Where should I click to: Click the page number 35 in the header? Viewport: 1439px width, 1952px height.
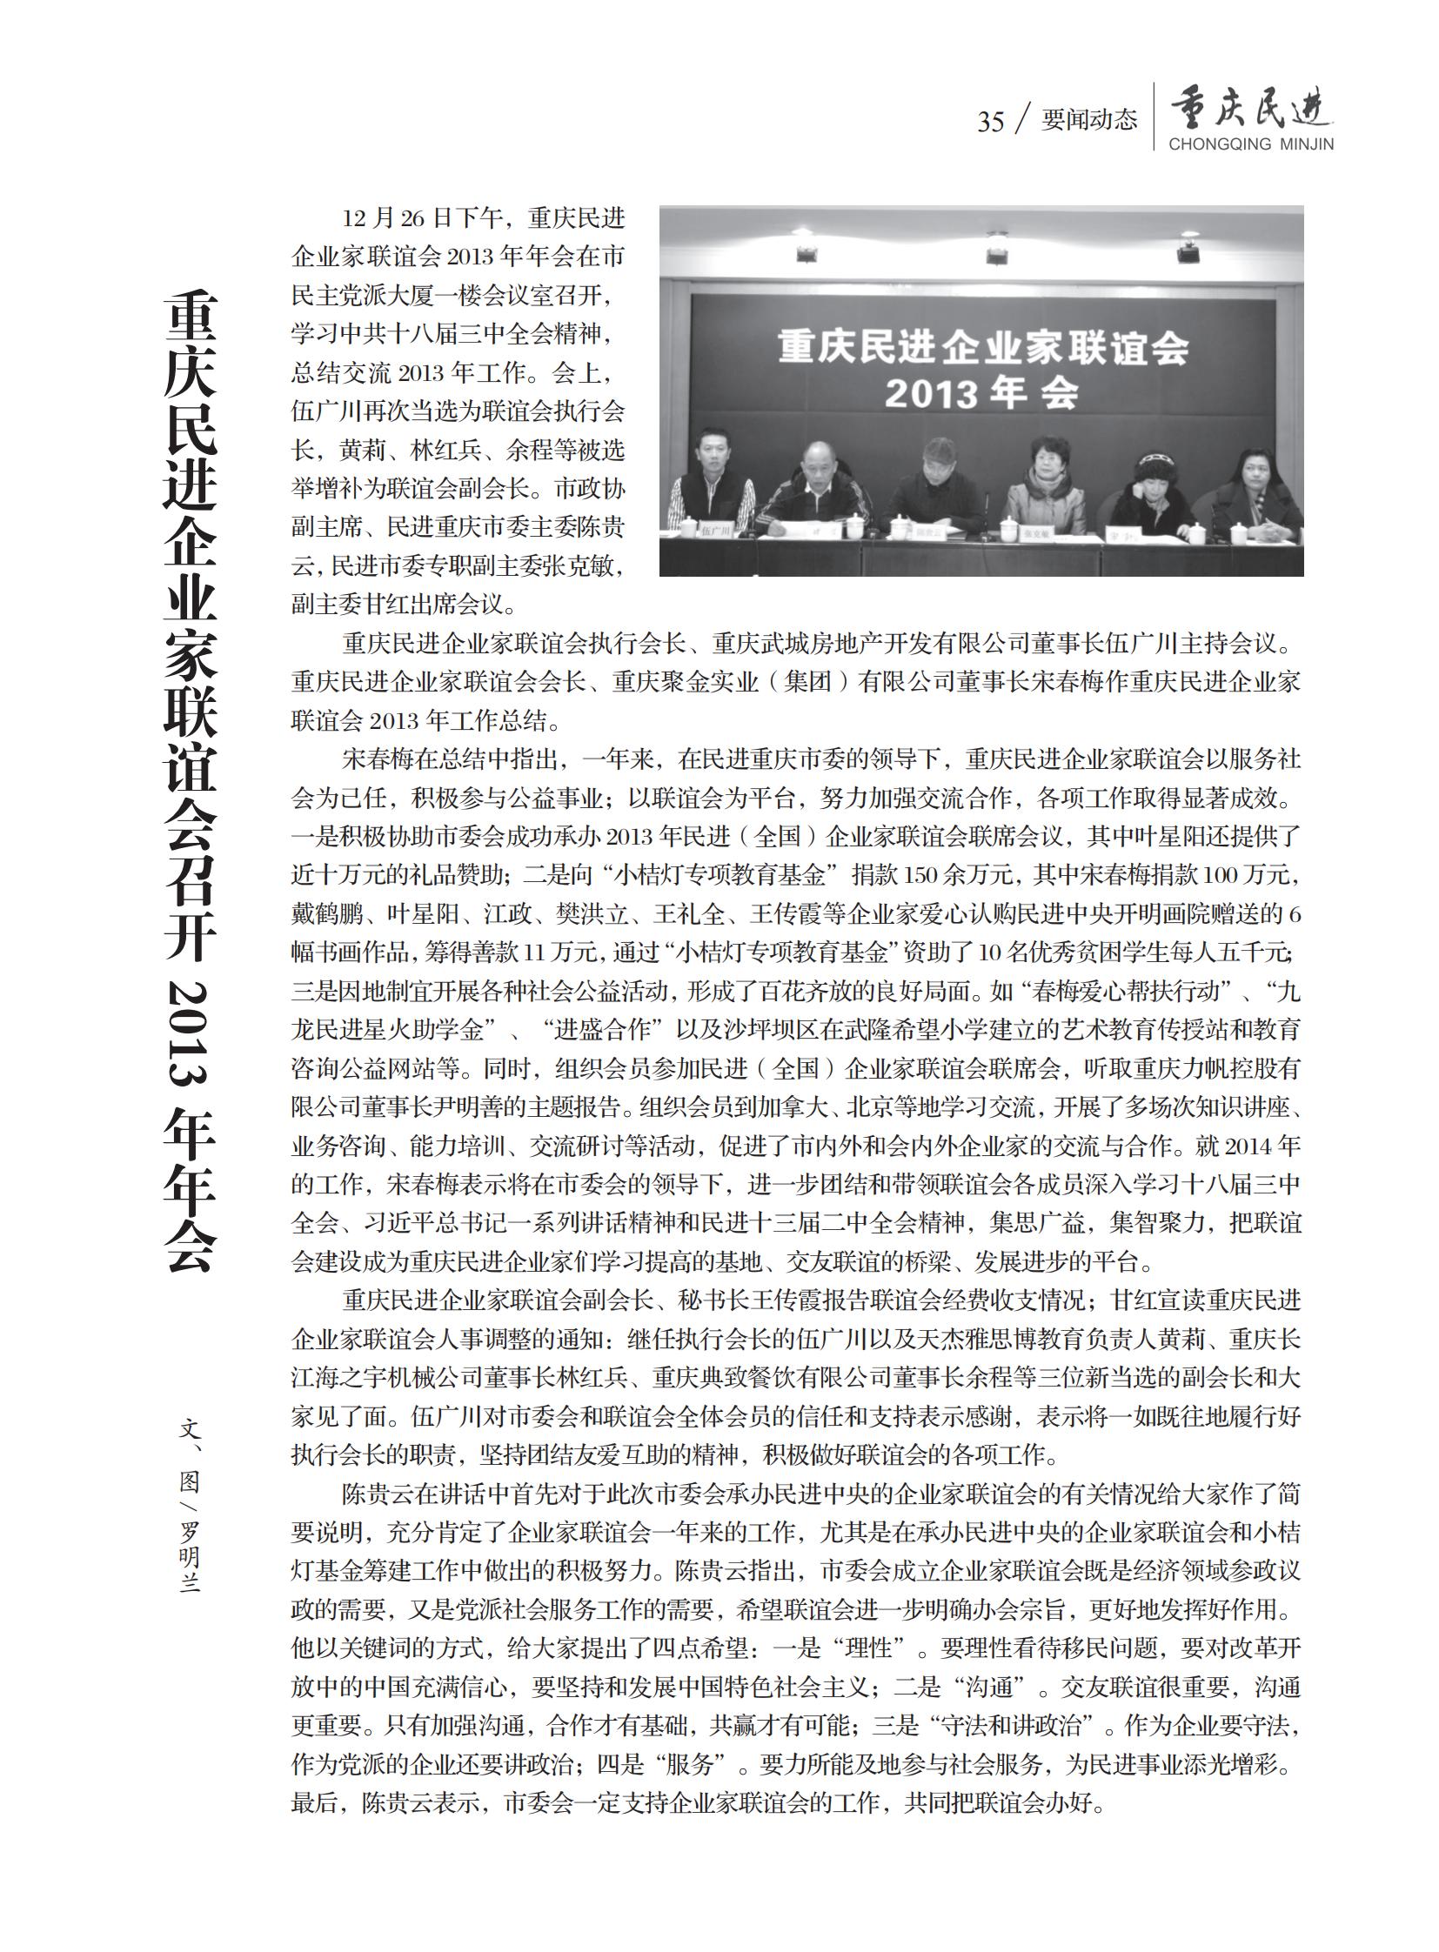990,121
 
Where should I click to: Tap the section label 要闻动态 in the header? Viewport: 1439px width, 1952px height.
1089,119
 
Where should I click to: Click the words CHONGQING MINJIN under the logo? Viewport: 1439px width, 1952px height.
1251,144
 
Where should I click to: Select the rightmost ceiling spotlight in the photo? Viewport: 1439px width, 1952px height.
1188,251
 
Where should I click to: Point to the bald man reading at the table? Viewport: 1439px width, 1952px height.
815,488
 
